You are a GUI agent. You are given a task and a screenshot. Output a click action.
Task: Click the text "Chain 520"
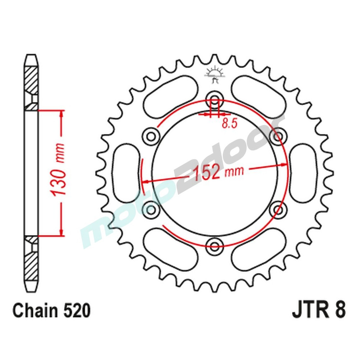point(51,310)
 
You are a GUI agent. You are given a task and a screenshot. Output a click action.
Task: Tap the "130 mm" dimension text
point(59,171)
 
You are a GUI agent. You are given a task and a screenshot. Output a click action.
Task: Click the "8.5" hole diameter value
point(229,124)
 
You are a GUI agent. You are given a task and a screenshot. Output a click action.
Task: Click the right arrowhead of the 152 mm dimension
point(284,165)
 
